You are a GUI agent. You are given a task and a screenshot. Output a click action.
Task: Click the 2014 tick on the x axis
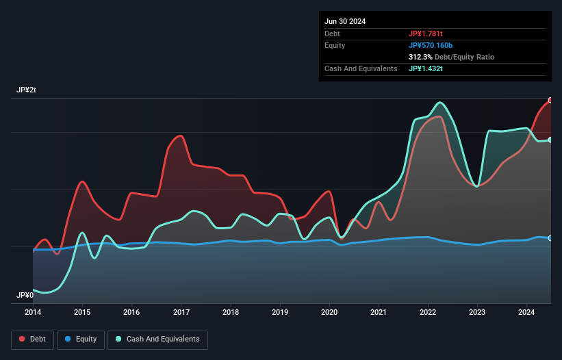(33, 313)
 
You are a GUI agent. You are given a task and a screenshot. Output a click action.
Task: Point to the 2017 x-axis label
(181, 313)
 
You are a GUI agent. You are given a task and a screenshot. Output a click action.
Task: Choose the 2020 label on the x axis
(329, 313)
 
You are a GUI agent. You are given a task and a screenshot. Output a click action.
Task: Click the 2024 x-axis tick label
(526, 313)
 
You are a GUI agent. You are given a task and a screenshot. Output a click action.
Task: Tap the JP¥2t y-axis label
(26, 90)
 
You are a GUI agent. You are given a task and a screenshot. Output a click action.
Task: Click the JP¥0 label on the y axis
(25, 295)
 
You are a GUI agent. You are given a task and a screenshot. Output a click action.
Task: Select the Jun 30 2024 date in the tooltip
(345, 21)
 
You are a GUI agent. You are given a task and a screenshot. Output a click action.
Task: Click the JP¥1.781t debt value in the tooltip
(426, 34)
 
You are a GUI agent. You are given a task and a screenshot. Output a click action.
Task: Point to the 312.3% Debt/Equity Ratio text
(451, 57)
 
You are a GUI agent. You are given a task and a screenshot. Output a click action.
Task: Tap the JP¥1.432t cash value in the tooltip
(426, 68)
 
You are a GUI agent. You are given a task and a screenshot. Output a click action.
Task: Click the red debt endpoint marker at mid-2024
(550, 100)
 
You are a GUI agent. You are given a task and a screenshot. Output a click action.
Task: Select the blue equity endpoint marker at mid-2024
(550, 238)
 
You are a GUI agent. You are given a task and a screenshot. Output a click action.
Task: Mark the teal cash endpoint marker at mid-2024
(550, 140)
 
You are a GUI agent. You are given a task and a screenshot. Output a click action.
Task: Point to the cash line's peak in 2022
(439, 103)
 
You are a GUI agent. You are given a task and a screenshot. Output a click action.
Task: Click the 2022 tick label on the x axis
(428, 313)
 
